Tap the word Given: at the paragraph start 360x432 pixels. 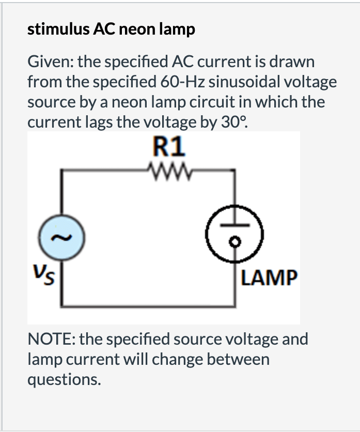click(x=50, y=62)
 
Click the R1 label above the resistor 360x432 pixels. click(x=168, y=148)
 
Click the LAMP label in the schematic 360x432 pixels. click(x=269, y=279)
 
